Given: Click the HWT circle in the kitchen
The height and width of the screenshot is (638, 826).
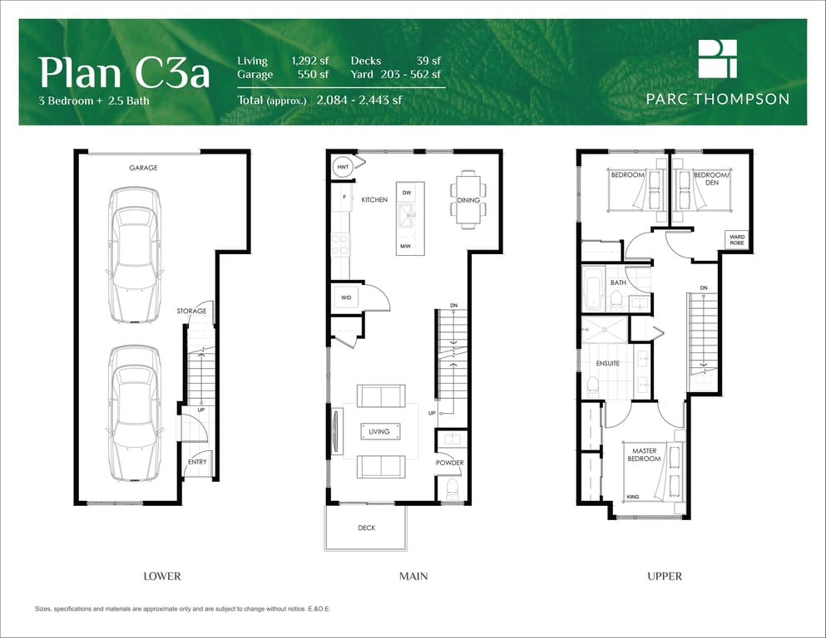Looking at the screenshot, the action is [x=343, y=167].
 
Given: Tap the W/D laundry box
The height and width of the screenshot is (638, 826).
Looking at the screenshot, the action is [x=346, y=297].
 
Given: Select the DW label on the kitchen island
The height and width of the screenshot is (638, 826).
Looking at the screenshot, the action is [x=407, y=193].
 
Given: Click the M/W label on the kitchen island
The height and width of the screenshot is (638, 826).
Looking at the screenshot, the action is [x=405, y=246].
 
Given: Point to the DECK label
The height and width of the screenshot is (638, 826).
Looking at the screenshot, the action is [x=367, y=528].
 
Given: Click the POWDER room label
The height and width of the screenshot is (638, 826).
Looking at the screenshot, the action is [x=450, y=463].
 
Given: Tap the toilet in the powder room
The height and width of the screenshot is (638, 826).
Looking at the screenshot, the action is [x=453, y=489].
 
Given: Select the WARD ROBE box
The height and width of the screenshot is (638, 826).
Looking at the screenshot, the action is [x=737, y=240].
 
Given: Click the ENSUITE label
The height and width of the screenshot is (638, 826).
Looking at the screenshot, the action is [x=608, y=364].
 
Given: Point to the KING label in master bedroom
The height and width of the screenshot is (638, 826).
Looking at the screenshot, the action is [x=633, y=497].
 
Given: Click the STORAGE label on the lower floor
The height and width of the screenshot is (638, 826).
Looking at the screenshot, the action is [x=192, y=311].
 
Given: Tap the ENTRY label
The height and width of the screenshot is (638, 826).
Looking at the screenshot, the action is [x=197, y=462].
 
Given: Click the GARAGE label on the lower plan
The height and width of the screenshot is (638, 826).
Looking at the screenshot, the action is [x=143, y=168].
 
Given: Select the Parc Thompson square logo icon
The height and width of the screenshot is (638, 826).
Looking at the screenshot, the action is [x=718, y=58].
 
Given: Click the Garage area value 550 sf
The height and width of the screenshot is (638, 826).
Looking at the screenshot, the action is [x=313, y=74].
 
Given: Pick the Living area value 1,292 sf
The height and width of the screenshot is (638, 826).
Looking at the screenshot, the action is [x=310, y=61].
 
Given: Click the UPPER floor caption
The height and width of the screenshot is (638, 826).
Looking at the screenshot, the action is [x=665, y=577].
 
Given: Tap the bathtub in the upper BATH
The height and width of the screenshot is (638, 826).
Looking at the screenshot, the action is [x=594, y=289].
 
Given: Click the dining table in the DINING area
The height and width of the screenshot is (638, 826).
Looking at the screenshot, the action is [x=468, y=200].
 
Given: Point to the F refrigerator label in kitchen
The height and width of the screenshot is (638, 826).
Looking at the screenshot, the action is [x=344, y=197].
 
